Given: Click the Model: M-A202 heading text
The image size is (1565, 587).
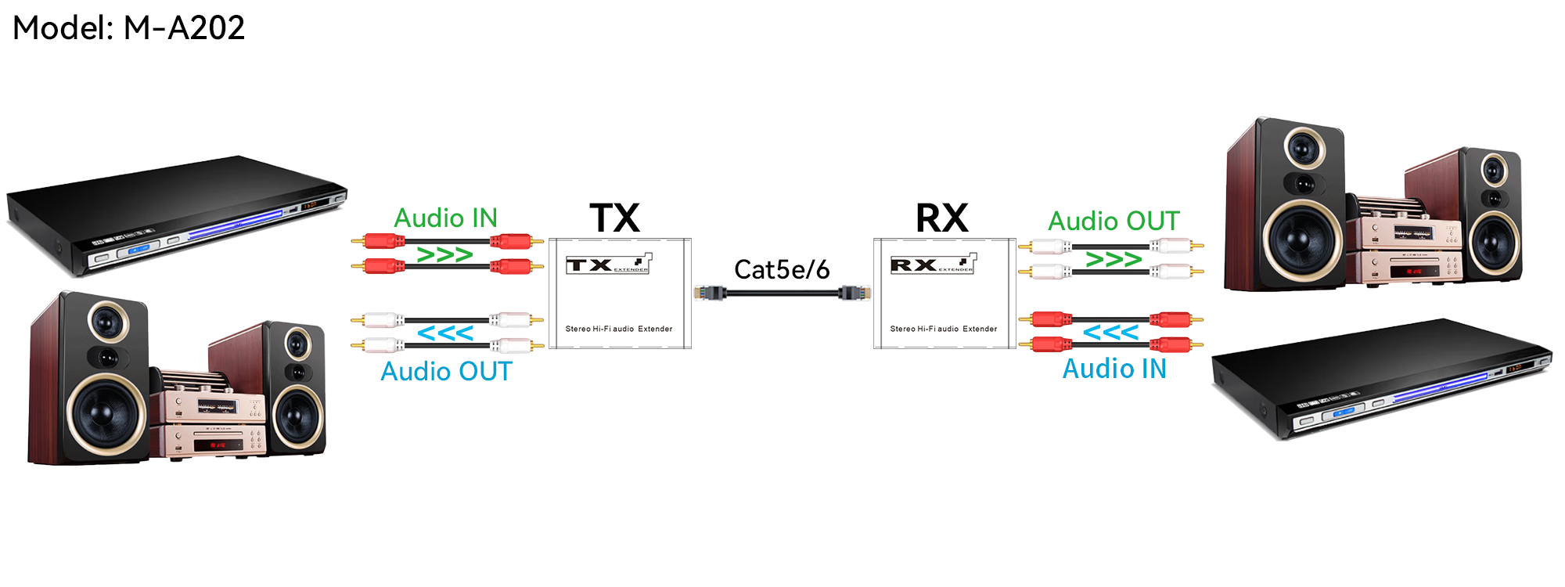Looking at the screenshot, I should point(129,28).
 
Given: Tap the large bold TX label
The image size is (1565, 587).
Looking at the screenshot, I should point(614,218).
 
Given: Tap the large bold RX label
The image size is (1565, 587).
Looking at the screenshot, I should point(942,218).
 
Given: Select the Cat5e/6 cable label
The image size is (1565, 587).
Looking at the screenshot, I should point(781,269).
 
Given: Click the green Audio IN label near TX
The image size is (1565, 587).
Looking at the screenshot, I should point(445,218).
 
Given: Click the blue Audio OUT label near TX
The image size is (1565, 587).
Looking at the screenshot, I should point(446,371).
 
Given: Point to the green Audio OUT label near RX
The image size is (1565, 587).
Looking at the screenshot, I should point(1113,221).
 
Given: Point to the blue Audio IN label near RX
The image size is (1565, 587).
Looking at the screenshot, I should point(1114,369).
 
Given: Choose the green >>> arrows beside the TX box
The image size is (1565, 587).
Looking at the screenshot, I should point(444,255).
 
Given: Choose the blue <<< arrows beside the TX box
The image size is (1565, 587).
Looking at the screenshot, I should point(445,333).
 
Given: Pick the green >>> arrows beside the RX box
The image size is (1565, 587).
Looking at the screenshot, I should point(1113,259).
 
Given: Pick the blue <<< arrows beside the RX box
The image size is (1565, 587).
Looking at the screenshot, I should point(1110,333).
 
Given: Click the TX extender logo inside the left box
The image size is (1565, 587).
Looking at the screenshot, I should point(609,265).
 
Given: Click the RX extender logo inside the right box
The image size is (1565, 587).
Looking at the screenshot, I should point(934,265).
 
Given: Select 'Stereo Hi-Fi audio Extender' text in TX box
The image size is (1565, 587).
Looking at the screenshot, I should point(619,329).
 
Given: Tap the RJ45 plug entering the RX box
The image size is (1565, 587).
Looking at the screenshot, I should point(855,293).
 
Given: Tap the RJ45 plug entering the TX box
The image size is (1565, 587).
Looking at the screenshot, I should point(710,293).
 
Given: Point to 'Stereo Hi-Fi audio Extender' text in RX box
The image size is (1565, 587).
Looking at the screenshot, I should point(944,329).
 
